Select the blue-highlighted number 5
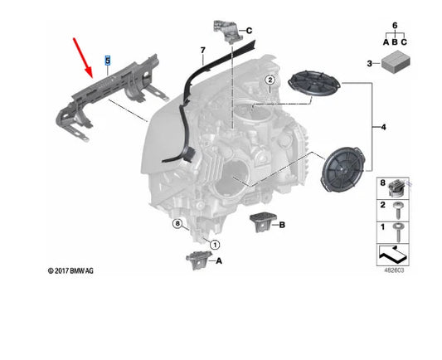(x=106, y=61)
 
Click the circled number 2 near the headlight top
(x=270, y=80)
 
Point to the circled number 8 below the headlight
(x=177, y=224)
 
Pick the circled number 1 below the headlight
(x=214, y=245)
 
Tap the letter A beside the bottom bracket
(x=219, y=260)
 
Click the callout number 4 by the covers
(x=383, y=127)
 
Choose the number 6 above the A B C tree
(x=395, y=27)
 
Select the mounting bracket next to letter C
(x=226, y=29)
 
